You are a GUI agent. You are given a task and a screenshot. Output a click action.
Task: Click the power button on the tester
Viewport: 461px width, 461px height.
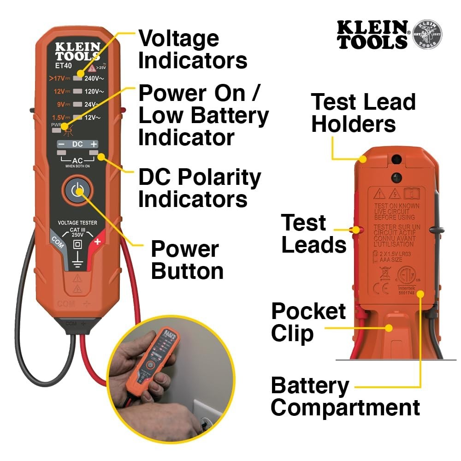(x=77, y=189)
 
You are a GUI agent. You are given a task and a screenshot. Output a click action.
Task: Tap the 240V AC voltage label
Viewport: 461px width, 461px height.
(x=94, y=78)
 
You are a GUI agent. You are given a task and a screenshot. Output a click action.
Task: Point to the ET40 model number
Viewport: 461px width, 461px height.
(x=63, y=65)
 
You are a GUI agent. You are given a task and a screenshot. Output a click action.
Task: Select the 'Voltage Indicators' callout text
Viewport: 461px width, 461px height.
(x=193, y=49)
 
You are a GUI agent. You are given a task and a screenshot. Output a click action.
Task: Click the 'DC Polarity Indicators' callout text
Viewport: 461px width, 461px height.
(x=199, y=189)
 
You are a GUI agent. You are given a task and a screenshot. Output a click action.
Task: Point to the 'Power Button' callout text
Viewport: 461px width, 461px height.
(x=187, y=260)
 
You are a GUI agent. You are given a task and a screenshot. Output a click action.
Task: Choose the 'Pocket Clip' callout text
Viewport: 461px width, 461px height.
(x=308, y=323)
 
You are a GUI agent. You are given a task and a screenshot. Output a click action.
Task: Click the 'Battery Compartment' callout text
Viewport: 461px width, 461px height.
(x=345, y=396)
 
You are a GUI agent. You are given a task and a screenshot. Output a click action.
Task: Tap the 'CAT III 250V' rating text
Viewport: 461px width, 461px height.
(x=77, y=232)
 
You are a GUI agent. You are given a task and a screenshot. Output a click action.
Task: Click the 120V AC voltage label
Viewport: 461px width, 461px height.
(x=94, y=92)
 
